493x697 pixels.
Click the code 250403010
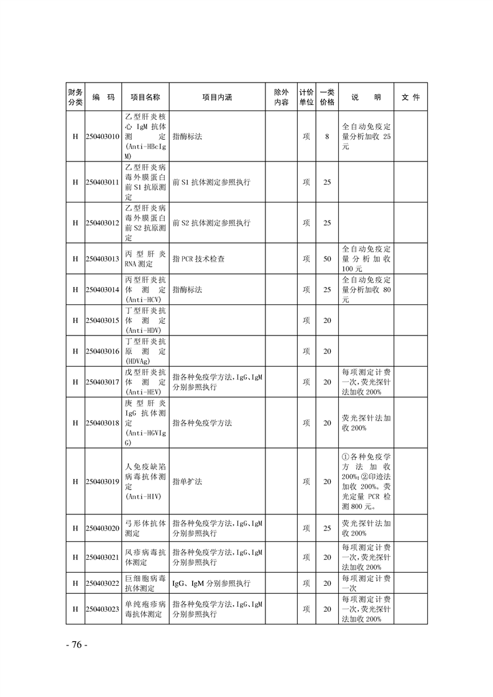[103, 137]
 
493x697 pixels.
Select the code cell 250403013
[103, 258]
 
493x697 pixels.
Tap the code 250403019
[103, 481]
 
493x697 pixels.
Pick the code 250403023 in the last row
[103, 609]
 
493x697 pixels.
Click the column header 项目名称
[145, 98]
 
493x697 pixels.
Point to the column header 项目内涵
[217, 98]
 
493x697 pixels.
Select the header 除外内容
[281, 98]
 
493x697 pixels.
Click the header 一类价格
[327, 98]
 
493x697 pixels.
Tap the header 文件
[411, 98]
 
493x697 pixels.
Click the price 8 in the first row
[327, 137]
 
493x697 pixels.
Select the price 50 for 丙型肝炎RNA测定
[327, 258]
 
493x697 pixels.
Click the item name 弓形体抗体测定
[145, 528]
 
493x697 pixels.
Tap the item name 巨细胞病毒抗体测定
[145, 583]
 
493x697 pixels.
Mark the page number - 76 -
[76, 644]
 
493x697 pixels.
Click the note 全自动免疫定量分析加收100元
[366, 258]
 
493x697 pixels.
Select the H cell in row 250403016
[75, 352]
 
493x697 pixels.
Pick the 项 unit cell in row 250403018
[306, 423]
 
